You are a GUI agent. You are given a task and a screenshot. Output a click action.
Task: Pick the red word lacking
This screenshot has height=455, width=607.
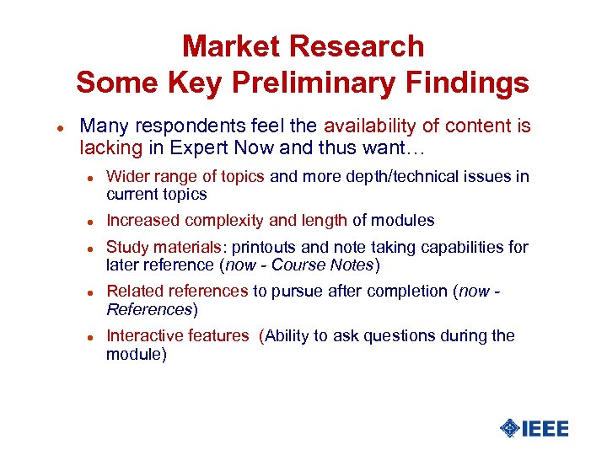[110, 148]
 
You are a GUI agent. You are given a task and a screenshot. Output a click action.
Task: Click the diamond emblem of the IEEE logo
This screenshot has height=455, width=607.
[509, 428]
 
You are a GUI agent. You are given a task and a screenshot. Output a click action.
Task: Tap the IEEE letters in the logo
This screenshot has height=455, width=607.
[546, 428]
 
